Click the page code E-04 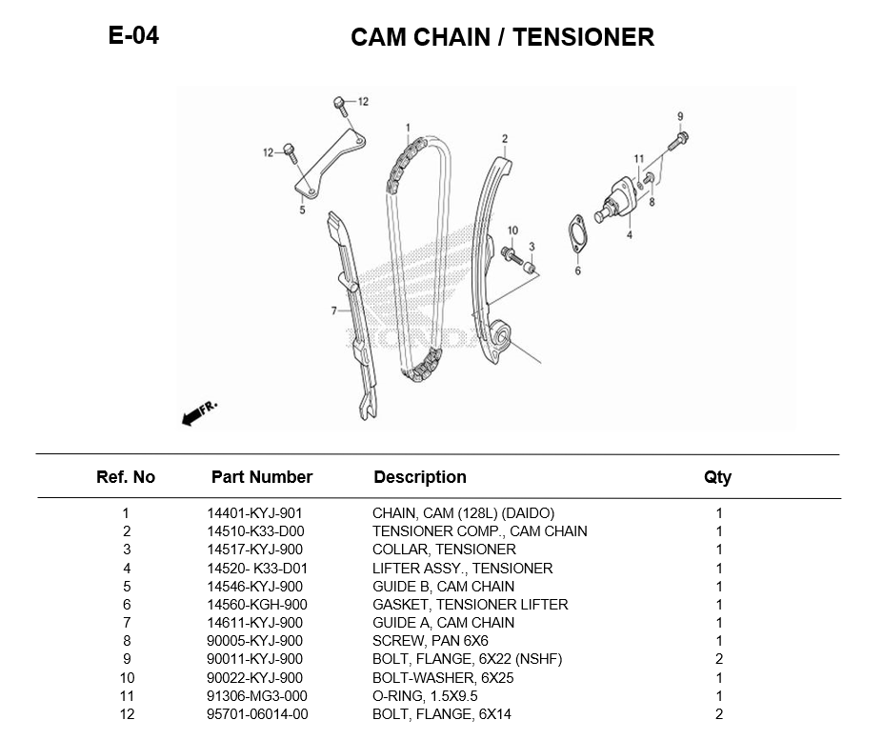tap(133, 36)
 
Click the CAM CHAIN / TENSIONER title tap(502, 37)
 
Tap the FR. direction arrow tap(199, 412)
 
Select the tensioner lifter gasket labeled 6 tap(577, 237)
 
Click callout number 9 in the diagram tap(680, 116)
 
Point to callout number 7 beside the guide tap(334, 311)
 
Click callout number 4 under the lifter tap(629, 234)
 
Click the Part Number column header tap(262, 477)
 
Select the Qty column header tap(717, 477)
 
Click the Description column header tap(420, 477)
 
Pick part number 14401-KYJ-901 tap(254, 513)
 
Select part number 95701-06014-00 tap(257, 714)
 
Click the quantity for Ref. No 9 tap(719, 659)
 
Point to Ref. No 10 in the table tap(127, 678)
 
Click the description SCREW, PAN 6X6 tap(430, 641)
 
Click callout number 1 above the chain tap(408, 128)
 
